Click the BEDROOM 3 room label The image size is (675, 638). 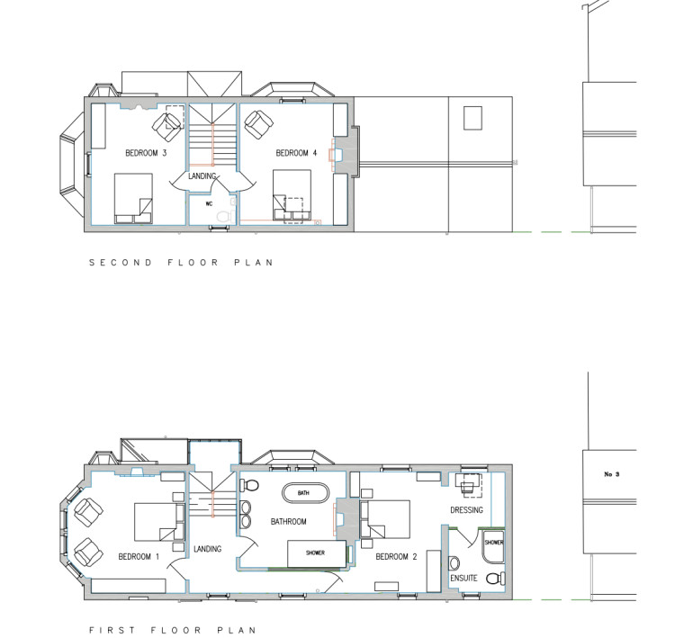(x=146, y=153)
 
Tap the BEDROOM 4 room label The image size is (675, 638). (x=296, y=153)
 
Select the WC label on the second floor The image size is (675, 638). (x=209, y=203)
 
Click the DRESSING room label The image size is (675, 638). (x=466, y=510)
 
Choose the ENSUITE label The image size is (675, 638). (x=463, y=579)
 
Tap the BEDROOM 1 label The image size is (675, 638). (x=139, y=557)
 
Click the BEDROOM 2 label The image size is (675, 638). (x=396, y=557)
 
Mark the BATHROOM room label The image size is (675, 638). (x=288, y=522)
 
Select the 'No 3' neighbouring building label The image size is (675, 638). (x=612, y=474)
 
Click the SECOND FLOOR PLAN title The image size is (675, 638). (x=181, y=263)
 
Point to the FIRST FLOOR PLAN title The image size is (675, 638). (x=172, y=630)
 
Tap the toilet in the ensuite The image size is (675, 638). (x=496, y=579)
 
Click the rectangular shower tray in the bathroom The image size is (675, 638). (x=317, y=554)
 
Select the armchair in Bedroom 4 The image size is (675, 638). (x=258, y=124)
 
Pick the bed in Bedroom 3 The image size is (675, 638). (x=133, y=199)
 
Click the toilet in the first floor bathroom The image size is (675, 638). (x=249, y=486)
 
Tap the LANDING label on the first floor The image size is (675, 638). (x=208, y=549)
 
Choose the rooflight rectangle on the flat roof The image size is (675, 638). (x=472, y=118)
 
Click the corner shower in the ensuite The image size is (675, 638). (x=493, y=546)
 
